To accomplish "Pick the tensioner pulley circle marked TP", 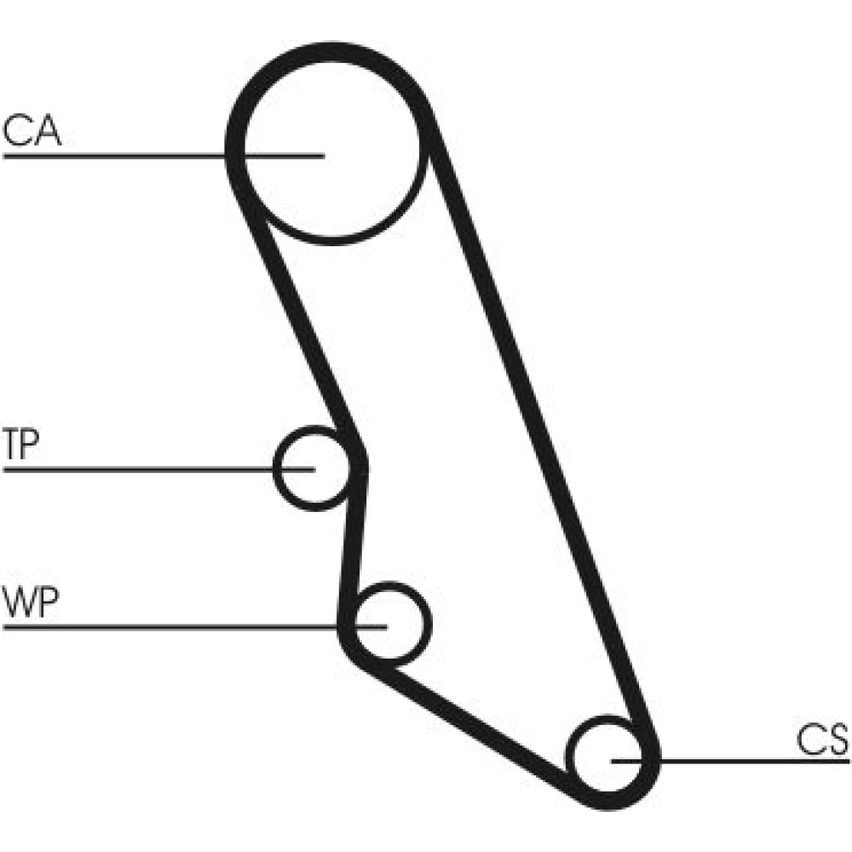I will pyautogui.click(x=312, y=469).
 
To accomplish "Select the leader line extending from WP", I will pyautogui.click(x=170, y=627).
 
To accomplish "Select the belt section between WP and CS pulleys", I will pyautogui.click(x=477, y=724).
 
